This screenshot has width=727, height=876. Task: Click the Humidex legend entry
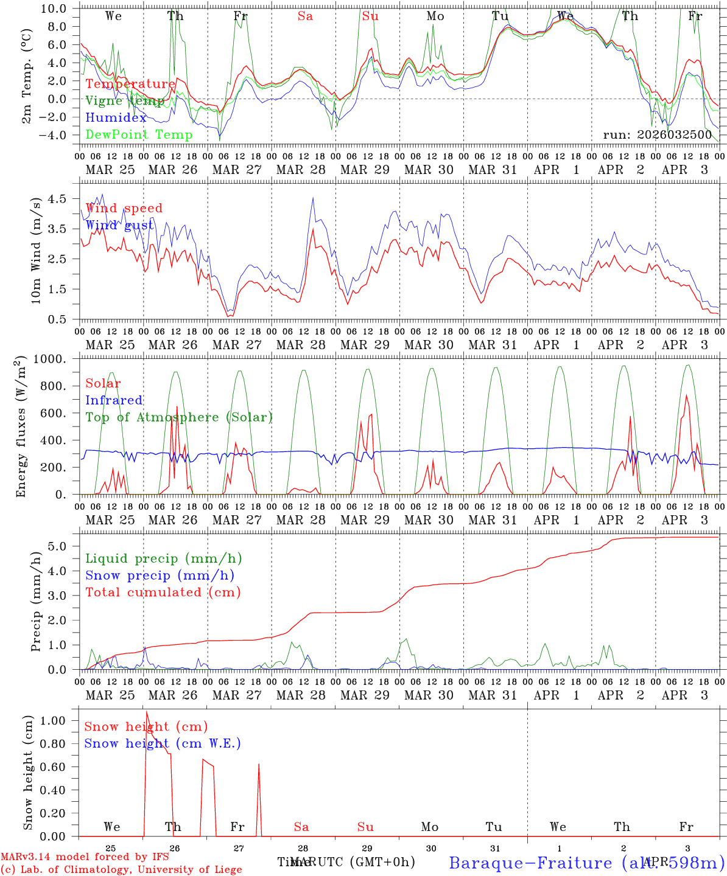(x=116, y=118)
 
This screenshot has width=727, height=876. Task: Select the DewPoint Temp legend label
(x=139, y=135)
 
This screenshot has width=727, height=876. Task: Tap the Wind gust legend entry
(x=119, y=225)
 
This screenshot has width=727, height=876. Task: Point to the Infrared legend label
(x=114, y=400)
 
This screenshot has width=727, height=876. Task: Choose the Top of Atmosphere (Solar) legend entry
(x=179, y=417)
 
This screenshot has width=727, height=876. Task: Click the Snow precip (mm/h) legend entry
(x=160, y=575)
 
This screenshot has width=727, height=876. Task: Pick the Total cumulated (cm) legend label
(x=163, y=592)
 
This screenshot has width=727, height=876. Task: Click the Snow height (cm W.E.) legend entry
(x=163, y=743)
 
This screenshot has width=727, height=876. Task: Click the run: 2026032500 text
(x=657, y=135)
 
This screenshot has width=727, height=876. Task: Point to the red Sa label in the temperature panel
(x=305, y=16)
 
